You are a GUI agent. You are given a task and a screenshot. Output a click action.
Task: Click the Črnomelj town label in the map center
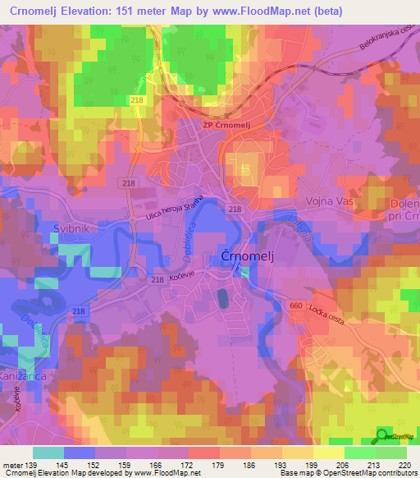tap(244, 256)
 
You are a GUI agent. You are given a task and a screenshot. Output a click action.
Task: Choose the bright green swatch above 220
tap(390, 453)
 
